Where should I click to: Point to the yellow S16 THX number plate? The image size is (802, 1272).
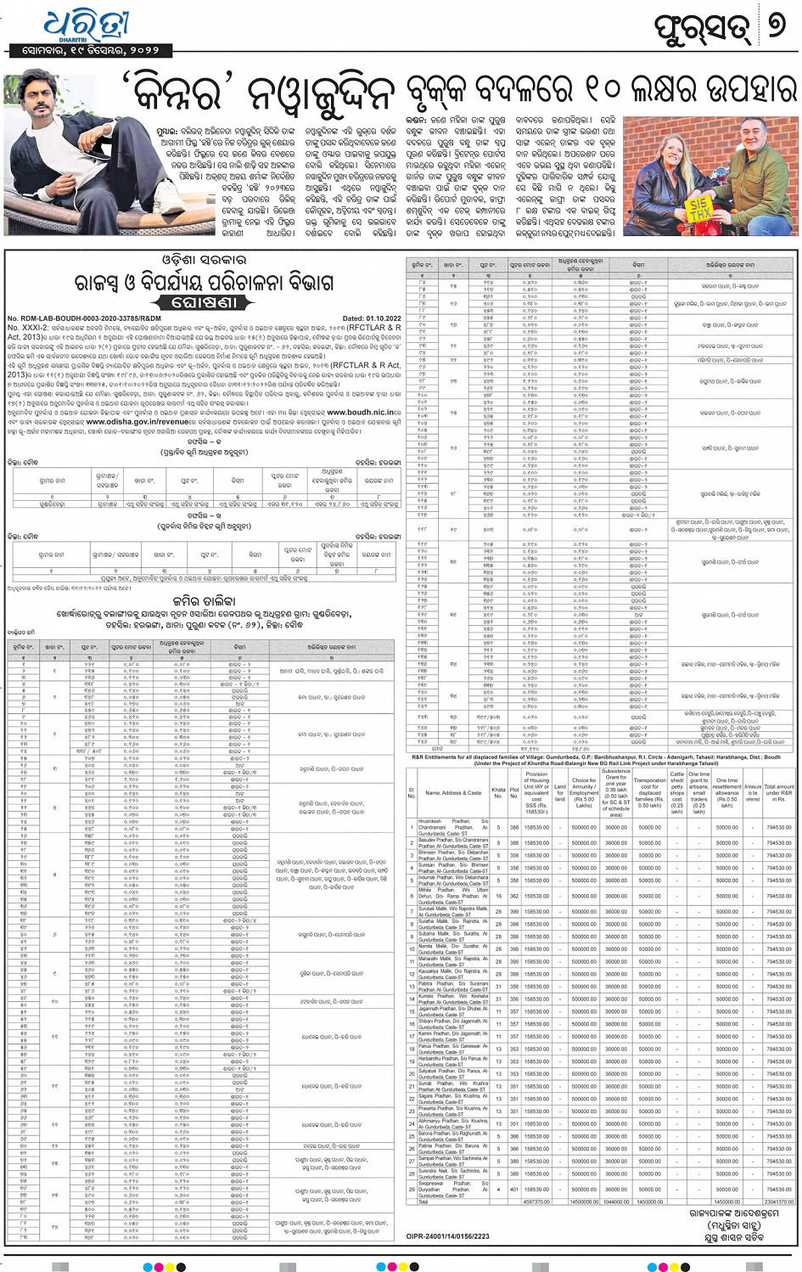[698, 209]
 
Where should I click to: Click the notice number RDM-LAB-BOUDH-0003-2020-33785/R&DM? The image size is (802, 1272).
[84, 318]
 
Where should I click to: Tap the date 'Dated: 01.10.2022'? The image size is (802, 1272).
[372, 318]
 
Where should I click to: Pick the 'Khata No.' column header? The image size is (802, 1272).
[498, 792]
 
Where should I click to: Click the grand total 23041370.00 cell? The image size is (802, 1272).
[779, 1202]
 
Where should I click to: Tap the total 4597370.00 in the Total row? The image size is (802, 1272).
[536, 1202]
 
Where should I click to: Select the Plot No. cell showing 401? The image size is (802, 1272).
[514, 1189]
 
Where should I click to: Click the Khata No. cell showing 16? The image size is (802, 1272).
[498, 896]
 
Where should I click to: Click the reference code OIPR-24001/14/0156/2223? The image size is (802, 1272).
[447, 1236]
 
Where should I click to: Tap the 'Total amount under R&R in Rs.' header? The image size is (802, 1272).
[779, 792]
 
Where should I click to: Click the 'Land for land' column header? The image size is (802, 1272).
[560, 792]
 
